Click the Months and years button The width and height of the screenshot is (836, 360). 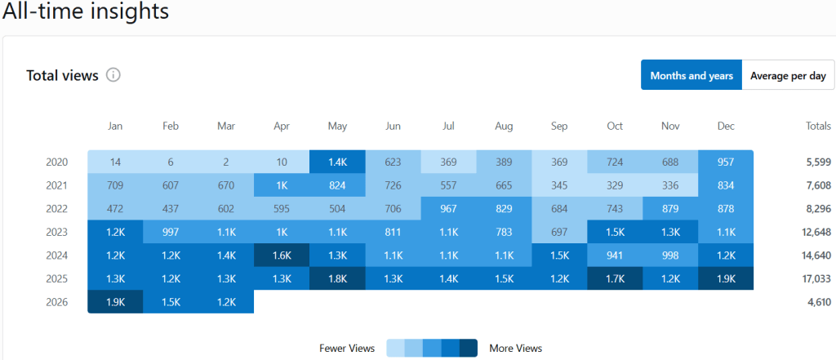(691, 76)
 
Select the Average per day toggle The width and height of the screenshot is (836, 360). (788, 76)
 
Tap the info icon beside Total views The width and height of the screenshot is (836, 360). (113, 75)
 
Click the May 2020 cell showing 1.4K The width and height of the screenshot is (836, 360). (337, 162)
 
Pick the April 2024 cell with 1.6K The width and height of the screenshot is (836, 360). (282, 256)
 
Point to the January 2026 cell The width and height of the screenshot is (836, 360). (115, 302)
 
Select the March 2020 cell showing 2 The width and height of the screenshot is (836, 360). (226, 162)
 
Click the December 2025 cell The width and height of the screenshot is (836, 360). (726, 279)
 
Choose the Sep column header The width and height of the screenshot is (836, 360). (559, 126)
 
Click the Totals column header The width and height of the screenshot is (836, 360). (817, 126)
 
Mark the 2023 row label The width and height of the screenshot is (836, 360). (57, 233)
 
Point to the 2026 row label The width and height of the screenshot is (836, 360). (57, 302)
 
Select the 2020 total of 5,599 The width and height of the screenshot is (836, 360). (818, 162)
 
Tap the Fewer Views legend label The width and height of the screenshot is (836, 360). (347, 349)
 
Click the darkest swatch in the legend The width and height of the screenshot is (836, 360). (469, 349)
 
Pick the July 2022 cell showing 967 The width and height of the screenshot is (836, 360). (448, 209)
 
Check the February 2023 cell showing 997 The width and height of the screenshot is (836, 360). (171, 233)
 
